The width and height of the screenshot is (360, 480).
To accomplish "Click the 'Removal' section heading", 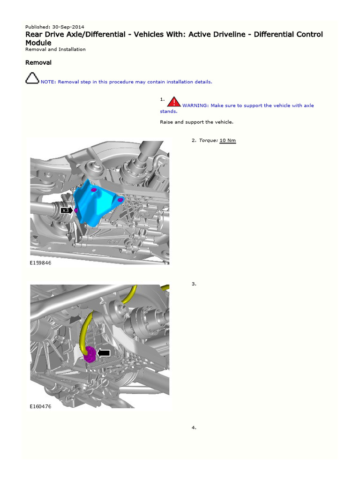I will point(38,62).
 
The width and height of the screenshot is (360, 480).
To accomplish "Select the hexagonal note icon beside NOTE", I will point(32,79).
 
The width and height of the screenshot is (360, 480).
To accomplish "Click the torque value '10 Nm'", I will point(228,140).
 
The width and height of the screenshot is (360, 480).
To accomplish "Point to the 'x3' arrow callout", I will point(67,210).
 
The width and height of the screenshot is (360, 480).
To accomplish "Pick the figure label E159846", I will point(40,263).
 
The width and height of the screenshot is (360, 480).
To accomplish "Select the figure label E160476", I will point(40,406).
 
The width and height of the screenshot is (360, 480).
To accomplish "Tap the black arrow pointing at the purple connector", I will point(104,353).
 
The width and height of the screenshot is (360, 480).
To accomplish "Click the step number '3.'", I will point(194,284).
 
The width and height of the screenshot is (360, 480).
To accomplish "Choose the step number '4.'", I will point(194,427).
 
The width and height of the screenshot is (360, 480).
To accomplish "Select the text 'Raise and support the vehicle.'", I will point(196,122).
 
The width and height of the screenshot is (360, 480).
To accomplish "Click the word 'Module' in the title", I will point(38,43).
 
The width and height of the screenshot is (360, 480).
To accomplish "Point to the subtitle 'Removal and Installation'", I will point(55,49).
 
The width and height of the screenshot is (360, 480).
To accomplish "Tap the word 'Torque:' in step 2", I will point(208,140).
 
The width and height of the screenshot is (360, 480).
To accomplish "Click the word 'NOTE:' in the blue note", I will point(48,82).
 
